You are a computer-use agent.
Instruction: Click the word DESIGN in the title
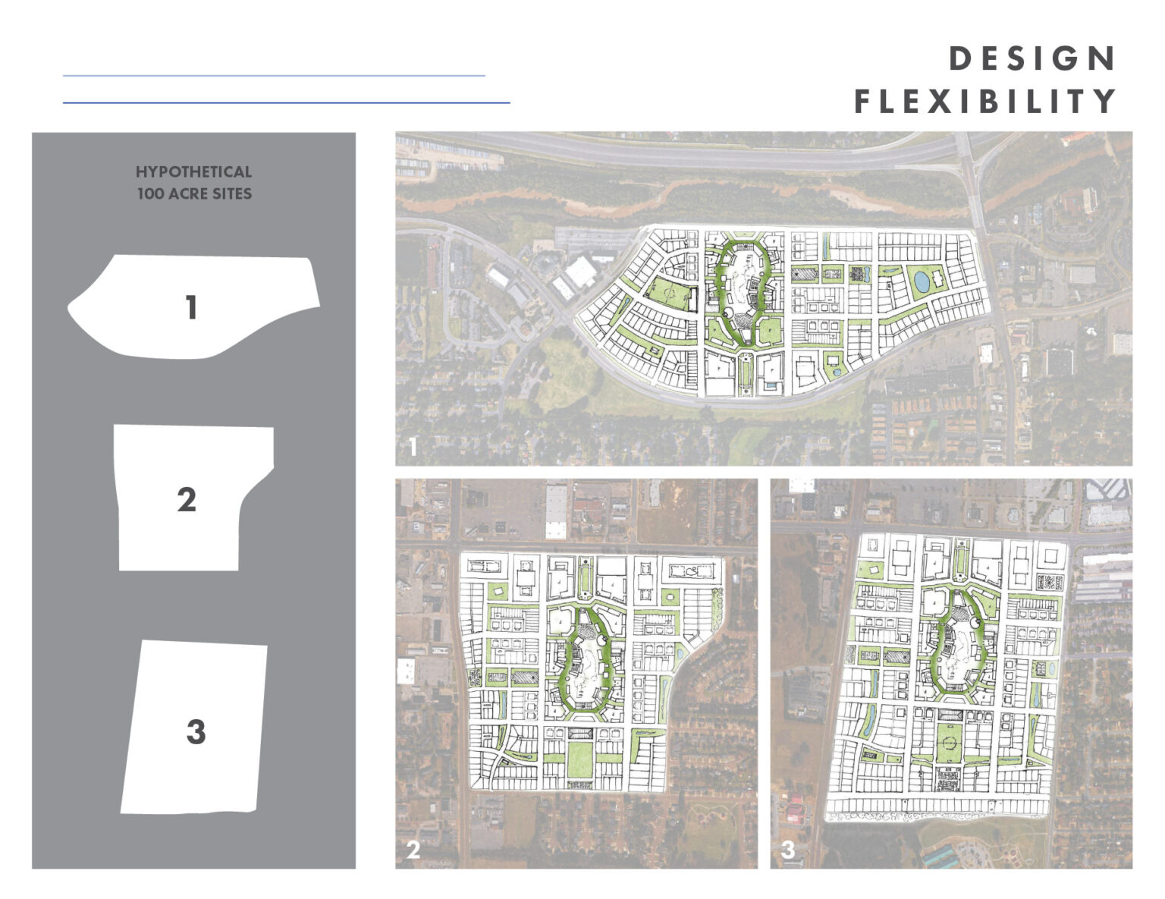(x=1032, y=59)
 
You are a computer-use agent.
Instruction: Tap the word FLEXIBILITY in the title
(x=985, y=101)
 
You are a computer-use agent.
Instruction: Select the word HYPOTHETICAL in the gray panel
(x=193, y=172)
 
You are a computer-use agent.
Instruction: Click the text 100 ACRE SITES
(x=194, y=193)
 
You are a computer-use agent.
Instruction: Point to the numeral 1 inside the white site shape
(x=191, y=307)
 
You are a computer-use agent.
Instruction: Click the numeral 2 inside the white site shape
(x=187, y=500)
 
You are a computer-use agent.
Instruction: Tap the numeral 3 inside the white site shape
(x=196, y=732)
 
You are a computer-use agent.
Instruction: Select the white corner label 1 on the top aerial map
(x=412, y=448)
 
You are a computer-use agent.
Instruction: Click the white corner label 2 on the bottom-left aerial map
(x=413, y=850)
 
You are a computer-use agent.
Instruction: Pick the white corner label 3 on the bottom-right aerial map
(x=788, y=850)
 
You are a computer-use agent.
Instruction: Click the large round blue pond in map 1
(x=922, y=282)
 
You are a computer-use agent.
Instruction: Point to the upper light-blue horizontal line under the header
(x=273, y=76)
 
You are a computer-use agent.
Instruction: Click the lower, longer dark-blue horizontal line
(x=286, y=102)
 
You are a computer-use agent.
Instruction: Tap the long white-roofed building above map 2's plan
(x=556, y=510)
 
